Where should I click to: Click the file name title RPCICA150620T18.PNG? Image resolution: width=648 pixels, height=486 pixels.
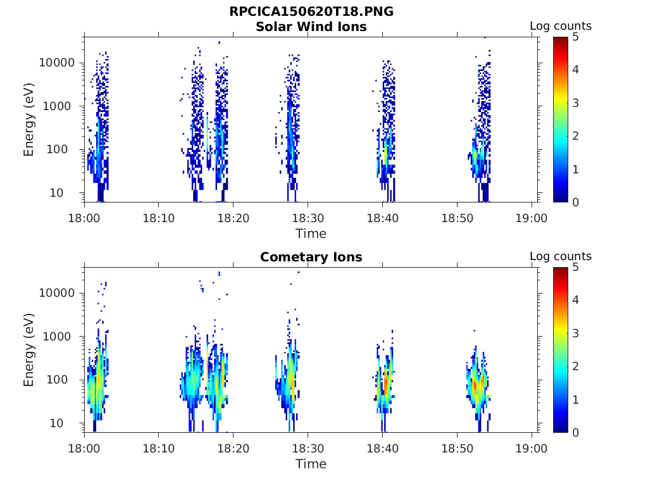pyautogui.click(x=311, y=11)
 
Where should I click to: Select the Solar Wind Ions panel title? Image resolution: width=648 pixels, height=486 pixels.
pyautogui.click(x=311, y=27)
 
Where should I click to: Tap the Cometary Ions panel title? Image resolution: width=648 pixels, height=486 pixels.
pyautogui.click(x=311, y=257)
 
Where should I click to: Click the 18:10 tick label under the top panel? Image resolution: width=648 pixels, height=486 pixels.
pyautogui.click(x=159, y=218)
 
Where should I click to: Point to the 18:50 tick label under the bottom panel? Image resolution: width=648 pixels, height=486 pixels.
pyautogui.click(x=457, y=449)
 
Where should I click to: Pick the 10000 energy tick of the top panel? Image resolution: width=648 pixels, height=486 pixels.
pyautogui.click(x=57, y=63)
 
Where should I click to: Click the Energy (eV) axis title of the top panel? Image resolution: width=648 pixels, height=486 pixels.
pyautogui.click(x=28, y=120)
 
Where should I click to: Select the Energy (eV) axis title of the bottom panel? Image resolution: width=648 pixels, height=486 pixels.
pyautogui.click(x=28, y=350)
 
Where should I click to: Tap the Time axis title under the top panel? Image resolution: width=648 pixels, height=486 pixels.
pyautogui.click(x=311, y=234)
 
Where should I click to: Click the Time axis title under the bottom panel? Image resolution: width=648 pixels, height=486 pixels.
pyautogui.click(x=311, y=464)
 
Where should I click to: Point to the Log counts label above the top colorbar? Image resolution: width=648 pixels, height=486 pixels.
pyautogui.click(x=561, y=26)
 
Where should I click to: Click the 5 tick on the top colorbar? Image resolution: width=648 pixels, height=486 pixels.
pyautogui.click(x=576, y=37)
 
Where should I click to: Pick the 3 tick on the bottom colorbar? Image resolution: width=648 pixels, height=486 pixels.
pyautogui.click(x=576, y=333)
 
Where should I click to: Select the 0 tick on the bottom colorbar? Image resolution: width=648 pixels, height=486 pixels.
pyautogui.click(x=576, y=433)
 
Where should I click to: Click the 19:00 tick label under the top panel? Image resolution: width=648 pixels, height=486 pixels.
pyautogui.click(x=532, y=218)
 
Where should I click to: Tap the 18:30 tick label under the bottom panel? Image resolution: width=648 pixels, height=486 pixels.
pyautogui.click(x=308, y=449)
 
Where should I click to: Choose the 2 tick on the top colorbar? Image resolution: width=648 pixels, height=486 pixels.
pyautogui.click(x=576, y=136)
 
